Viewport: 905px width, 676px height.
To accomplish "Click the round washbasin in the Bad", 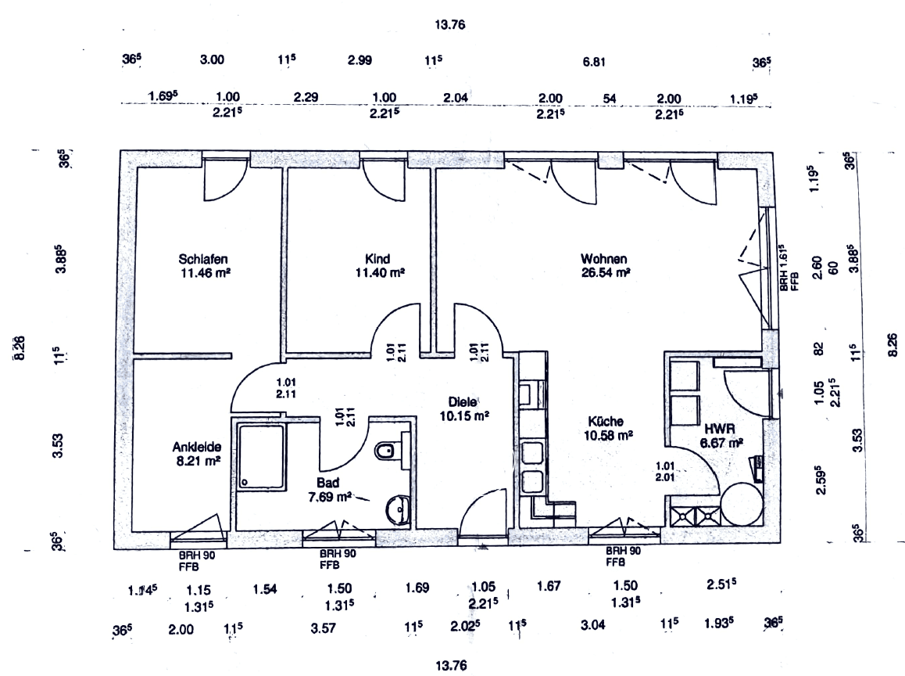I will pos(398,509).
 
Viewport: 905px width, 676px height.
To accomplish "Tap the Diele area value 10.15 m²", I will pos(463,415).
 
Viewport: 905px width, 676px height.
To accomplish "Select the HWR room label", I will pos(718,429).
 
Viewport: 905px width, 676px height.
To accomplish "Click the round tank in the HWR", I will pos(741,505).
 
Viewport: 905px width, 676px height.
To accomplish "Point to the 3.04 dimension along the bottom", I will pos(592,625).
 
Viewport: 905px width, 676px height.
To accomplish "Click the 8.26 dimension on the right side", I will pos(893,344).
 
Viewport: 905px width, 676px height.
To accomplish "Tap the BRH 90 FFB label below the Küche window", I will pos(624,556).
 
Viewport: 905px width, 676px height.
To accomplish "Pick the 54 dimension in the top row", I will pos(610,98).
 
